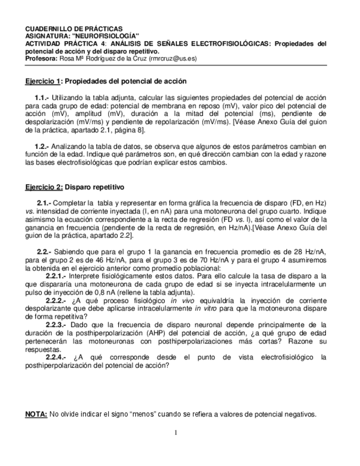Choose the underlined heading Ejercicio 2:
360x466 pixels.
tap(45, 187)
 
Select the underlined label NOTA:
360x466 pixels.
tap(36, 414)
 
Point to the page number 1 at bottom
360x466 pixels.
tap(175, 432)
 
